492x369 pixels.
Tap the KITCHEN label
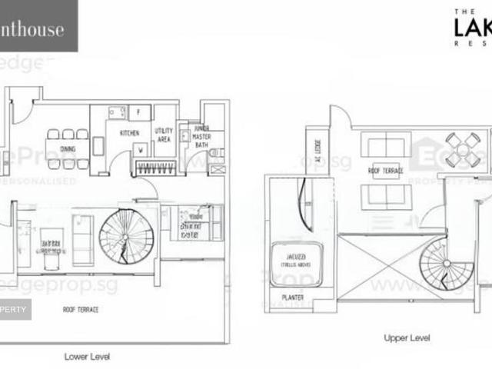coord(128,132)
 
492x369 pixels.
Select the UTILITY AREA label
coord(164,135)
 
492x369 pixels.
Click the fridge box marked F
coord(139,112)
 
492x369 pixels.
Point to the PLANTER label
coord(292,298)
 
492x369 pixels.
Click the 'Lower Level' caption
coord(86,356)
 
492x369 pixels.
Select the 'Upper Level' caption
coord(406,337)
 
